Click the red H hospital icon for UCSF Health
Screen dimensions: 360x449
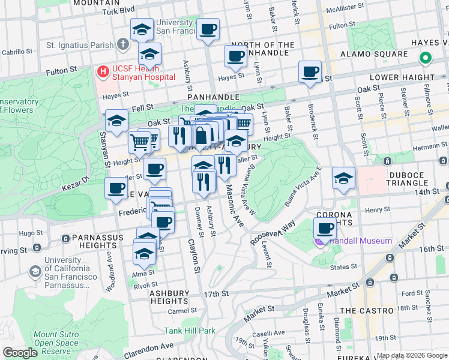click(103, 72)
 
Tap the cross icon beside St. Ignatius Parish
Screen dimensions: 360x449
click(123, 44)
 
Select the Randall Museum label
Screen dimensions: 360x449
click(360, 241)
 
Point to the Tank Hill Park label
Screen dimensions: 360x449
click(190, 331)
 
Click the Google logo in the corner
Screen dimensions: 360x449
click(20, 353)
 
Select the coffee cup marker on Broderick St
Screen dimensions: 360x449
click(310, 72)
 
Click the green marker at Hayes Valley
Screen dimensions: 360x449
click(425, 59)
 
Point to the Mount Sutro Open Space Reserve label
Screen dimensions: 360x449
click(56, 343)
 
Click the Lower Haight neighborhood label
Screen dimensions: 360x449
click(402, 77)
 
